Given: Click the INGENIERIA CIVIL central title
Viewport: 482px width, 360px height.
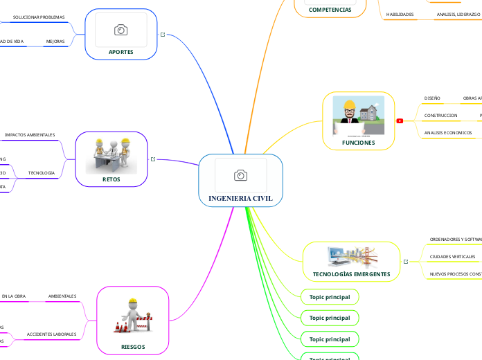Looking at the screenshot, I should coord(240,198).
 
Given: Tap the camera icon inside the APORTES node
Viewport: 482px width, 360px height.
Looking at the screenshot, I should coord(120,29).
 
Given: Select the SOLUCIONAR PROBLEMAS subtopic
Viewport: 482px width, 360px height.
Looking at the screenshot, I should coord(39,17).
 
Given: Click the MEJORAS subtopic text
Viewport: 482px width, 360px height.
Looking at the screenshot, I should coord(55,42).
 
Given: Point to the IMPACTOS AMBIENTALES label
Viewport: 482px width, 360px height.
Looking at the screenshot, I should coord(30,134).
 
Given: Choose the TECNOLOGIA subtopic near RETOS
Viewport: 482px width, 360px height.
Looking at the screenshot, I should coord(41,172).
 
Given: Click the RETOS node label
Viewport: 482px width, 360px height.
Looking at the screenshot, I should coord(111,179).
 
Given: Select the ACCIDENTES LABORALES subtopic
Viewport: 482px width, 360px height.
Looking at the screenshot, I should coord(51,334).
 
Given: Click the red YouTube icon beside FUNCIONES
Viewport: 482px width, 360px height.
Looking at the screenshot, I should coord(400,120).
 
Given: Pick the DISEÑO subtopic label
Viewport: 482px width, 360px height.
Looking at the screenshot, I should coord(432,98).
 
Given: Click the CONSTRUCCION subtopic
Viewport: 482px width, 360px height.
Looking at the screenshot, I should coord(440,115).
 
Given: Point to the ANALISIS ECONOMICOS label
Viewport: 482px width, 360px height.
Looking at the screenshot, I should coord(447,132).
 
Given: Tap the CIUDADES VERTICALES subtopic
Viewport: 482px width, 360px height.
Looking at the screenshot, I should coord(452,257).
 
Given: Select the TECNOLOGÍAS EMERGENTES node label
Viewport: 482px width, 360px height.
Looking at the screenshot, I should coord(351,274).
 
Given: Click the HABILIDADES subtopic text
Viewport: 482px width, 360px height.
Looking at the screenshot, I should coord(400,14).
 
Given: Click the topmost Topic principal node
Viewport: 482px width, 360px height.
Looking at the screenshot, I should coord(329,297).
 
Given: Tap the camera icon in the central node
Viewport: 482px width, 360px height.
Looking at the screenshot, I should coord(240,176).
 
